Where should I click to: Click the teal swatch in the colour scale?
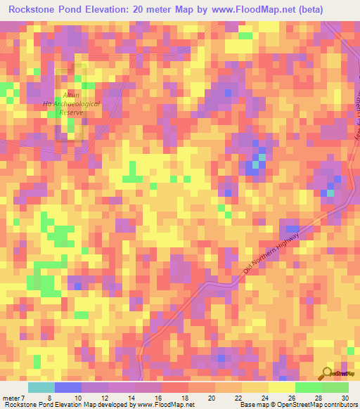click(41, 387)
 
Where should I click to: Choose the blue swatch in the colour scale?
click(67, 387)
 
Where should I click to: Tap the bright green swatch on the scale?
click(308, 387)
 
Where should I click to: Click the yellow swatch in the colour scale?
click(281, 387)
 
